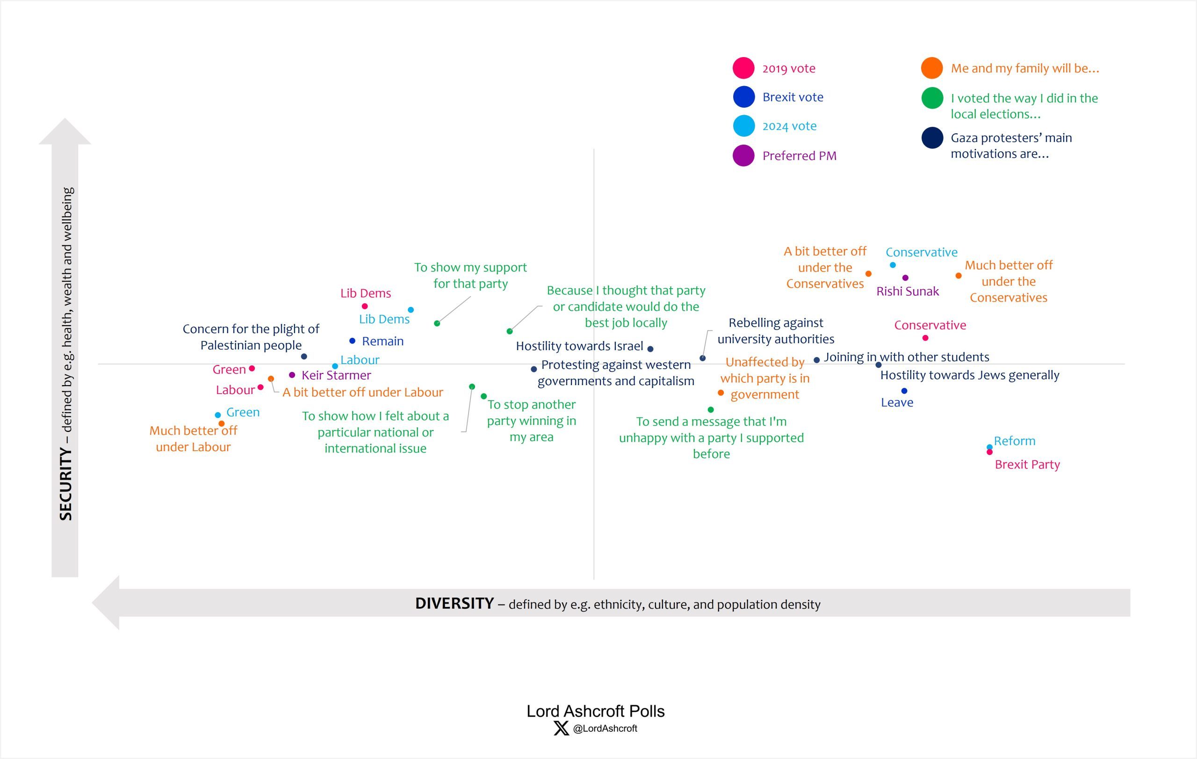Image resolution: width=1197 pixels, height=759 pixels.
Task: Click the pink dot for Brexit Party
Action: tap(990, 452)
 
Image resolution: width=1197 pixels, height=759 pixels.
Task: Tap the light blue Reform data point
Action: tap(990, 446)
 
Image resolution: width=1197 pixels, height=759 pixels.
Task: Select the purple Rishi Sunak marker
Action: tap(905, 278)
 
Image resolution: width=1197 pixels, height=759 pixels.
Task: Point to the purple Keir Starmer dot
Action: tap(292, 375)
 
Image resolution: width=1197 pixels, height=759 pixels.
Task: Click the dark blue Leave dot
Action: tap(904, 391)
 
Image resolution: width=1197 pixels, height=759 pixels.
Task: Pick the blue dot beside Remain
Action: tap(353, 341)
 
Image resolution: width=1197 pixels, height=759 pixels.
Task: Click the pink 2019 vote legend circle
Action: tap(743, 68)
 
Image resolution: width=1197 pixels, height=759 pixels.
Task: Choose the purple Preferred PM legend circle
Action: tap(743, 156)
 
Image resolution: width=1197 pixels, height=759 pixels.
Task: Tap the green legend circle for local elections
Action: tap(932, 98)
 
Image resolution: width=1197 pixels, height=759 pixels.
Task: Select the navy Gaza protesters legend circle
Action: tap(932, 138)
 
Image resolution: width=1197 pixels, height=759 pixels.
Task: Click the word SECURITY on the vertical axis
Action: tap(66, 483)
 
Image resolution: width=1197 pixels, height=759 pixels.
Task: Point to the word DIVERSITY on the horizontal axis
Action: tap(454, 603)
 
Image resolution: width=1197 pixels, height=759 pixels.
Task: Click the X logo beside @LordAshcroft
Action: tap(561, 729)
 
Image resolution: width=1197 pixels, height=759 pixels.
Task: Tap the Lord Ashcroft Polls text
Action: tap(596, 711)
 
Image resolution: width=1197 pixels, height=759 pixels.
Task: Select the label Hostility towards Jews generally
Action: tap(969, 375)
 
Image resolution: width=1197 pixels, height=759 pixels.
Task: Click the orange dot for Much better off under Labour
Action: tap(222, 424)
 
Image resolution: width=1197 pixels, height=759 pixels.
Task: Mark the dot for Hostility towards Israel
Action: tap(650, 349)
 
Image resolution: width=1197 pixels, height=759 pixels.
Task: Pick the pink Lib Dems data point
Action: tap(365, 307)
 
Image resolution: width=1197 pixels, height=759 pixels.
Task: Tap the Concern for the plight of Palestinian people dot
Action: tap(304, 357)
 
